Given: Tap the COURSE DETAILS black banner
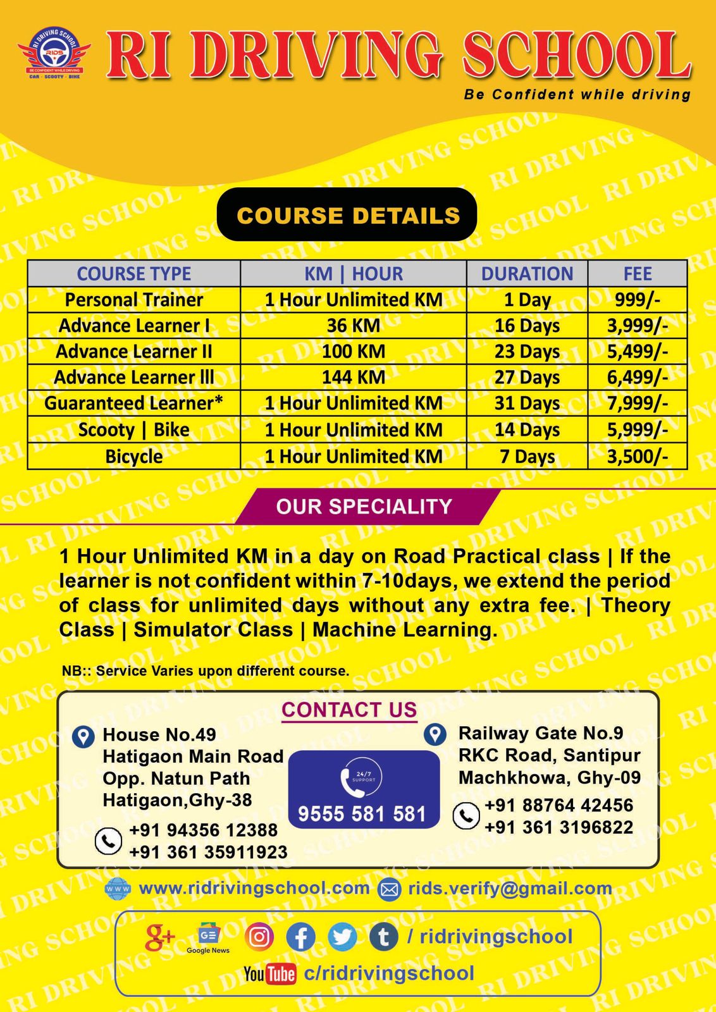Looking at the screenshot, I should (347, 215).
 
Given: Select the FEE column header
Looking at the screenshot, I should (637, 274).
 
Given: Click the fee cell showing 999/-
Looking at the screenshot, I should (637, 300).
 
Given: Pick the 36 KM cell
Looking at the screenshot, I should (353, 326).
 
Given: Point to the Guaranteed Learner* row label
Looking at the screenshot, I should (133, 403).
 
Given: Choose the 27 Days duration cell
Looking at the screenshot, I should (527, 378).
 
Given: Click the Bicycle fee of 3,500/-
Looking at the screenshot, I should (637, 457).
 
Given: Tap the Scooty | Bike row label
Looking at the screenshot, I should (133, 430).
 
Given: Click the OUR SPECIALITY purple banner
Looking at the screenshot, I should (364, 507).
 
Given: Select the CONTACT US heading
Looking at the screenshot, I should (349, 710).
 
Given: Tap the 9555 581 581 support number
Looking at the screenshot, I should (362, 813).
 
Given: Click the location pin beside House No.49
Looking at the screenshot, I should (83, 737).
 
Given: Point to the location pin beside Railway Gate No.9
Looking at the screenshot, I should (435, 734).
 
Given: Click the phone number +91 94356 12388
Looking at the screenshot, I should (203, 830).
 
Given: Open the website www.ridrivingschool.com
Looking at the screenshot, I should (254, 888).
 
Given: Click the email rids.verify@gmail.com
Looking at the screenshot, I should (510, 889).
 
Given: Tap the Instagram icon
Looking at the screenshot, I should (259, 937).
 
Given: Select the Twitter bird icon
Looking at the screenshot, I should (342, 937).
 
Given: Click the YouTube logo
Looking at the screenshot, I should (270, 973).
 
